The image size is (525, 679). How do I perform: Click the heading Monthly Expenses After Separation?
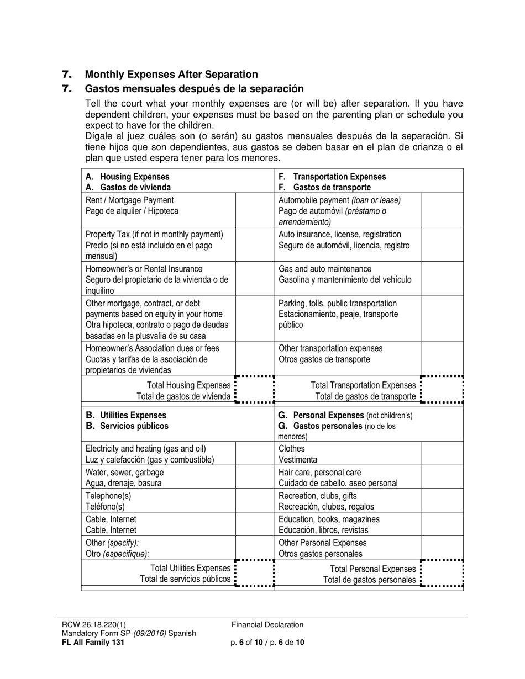(171, 75)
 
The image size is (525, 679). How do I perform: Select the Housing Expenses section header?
(128, 182)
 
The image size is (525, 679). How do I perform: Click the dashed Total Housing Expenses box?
(255, 390)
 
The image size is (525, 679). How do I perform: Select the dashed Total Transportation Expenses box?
(442, 390)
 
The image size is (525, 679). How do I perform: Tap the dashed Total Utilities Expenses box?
(255, 574)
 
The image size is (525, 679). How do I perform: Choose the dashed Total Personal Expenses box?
(442, 574)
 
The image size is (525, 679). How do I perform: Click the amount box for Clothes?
(442, 454)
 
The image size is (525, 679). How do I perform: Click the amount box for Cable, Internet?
(255, 525)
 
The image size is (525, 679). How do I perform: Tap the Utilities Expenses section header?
(127, 421)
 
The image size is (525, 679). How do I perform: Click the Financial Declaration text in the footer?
(267, 625)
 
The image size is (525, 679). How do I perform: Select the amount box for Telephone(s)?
(255, 501)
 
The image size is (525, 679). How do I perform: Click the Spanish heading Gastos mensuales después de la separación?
(194, 89)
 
